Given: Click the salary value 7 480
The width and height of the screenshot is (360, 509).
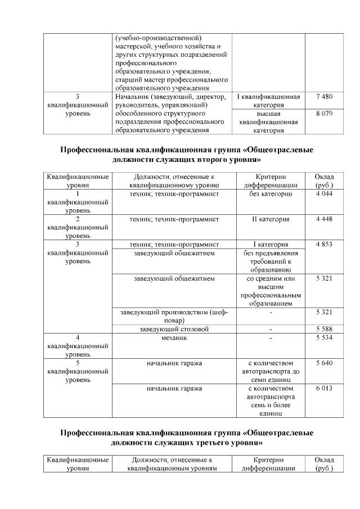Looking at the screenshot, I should [x=325, y=97].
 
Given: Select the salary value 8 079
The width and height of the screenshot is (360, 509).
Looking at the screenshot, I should [x=325, y=113].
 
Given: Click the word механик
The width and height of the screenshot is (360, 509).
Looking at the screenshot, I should [x=174, y=338].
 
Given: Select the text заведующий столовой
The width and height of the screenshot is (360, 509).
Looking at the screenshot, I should [x=174, y=329].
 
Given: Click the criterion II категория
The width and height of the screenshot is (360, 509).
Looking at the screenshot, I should [x=271, y=219].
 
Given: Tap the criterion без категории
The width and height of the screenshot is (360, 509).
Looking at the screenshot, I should [x=271, y=193].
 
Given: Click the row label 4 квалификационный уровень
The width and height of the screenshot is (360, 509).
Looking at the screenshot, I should [x=78, y=346].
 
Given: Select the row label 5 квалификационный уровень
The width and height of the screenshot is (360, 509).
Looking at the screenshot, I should [x=78, y=372].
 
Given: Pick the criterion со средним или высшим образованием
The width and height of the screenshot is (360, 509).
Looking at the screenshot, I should [x=271, y=291].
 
